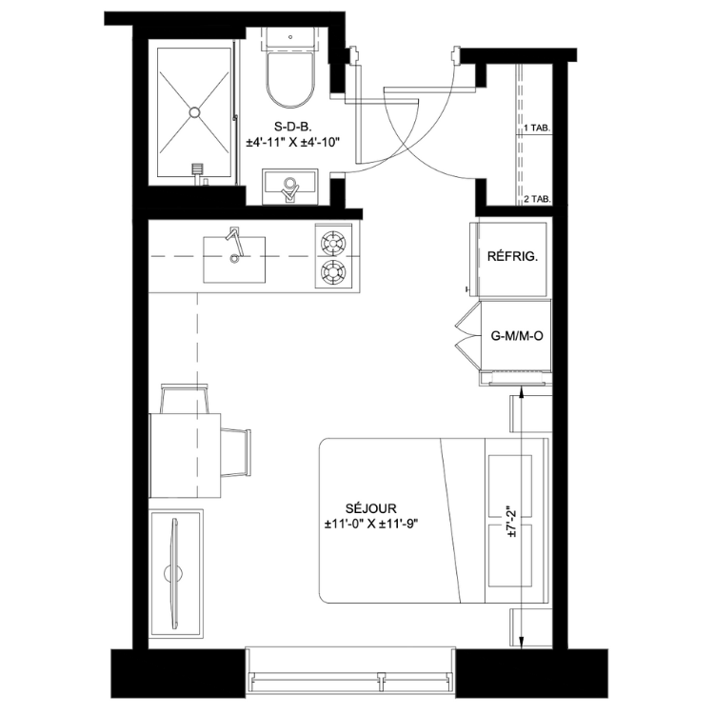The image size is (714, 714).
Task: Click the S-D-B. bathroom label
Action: pos(292,127)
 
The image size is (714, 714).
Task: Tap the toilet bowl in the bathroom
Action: pos(290,80)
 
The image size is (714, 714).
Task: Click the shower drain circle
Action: pos(195,112)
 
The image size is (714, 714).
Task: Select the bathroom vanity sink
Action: pos(289,187)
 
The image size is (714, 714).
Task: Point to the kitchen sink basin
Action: pos(234,260)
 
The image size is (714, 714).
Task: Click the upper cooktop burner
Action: pos(333,243)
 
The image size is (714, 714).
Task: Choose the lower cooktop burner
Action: pos(333,272)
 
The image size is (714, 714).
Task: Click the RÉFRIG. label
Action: pos(512,256)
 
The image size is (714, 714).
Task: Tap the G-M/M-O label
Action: pos(517,336)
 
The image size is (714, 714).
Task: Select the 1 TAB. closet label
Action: pos(537,129)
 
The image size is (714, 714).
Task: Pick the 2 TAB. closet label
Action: pos(537,199)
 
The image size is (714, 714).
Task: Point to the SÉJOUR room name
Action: pos(370,508)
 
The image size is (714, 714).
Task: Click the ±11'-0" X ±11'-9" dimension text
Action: pos(370,525)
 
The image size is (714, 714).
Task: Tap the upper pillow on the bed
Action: pos(510,486)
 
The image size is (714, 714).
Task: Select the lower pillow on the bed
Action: pos(510,556)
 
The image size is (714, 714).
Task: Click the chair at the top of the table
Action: pos(185,399)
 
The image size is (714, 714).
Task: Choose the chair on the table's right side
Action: pos(236,452)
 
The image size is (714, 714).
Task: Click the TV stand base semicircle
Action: pos(173,574)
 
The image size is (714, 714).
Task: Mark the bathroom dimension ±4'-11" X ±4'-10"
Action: pos(293,143)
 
